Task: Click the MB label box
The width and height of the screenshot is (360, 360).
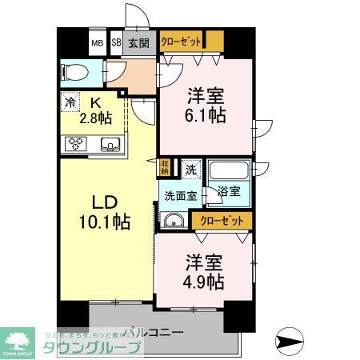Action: (x=97, y=44)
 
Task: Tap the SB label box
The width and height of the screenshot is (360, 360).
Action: (x=116, y=44)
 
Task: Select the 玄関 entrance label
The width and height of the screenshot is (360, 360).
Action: (x=138, y=44)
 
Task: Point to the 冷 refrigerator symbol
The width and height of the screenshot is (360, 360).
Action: (x=70, y=102)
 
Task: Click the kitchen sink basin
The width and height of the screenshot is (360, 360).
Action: (x=110, y=144)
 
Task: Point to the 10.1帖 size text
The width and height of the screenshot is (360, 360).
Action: (x=105, y=220)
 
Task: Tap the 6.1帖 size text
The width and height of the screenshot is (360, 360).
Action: (x=206, y=114)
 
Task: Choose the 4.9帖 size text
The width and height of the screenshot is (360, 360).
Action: (x=205, y=282)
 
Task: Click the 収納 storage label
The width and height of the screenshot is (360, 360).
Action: (x=166, y=167)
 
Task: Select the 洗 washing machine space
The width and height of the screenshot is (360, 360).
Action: (x=191, y=169)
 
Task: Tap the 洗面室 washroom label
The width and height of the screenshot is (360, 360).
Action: (x=181, y=194)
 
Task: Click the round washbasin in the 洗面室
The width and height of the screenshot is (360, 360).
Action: (x=171, y=222)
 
